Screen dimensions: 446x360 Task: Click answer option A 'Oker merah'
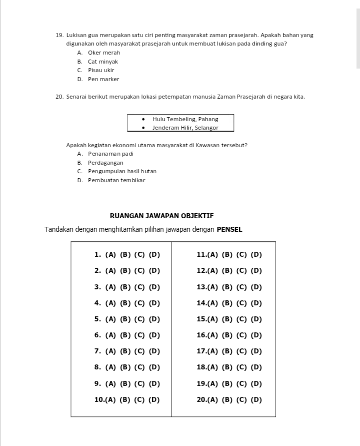[103, 53]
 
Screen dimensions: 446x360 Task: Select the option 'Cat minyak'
[102, 62]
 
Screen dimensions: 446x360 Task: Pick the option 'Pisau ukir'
[101, 70]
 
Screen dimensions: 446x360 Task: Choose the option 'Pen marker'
[103, 79]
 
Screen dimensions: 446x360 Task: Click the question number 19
[59, 35]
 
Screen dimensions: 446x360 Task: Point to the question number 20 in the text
[59, 96]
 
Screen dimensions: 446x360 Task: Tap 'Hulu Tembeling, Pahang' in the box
[185, 119]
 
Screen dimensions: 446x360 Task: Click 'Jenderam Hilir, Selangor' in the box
[185, 128]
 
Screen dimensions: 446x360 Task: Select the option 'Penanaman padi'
[110, 154]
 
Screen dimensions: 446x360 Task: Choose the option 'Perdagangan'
[105, 163]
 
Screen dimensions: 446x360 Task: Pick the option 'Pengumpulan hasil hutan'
[122, 171]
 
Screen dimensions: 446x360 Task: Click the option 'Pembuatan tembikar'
[116, 180]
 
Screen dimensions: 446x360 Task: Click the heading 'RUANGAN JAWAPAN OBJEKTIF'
[161, 216]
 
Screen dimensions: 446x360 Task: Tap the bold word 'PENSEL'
[229, 229]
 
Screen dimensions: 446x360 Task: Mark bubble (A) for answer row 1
[110, 254]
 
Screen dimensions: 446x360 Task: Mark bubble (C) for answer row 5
[139, 319]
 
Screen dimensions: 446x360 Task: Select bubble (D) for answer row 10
[154, 399]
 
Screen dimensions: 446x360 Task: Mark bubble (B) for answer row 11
[227, 254]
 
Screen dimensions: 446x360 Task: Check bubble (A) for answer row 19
[213, 384]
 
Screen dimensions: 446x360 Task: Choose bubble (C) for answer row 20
[242, 399]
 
